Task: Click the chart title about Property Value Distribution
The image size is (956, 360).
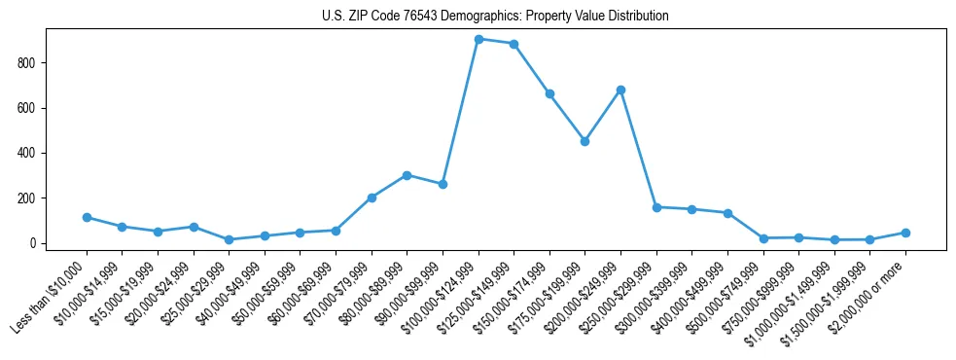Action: pos(495,17)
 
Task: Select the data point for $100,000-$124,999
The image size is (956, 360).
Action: pos(478,39)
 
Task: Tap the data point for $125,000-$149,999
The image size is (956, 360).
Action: pos(513,44)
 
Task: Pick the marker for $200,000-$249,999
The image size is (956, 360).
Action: pos(620,90)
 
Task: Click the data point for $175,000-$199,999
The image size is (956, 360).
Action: pos(584,141)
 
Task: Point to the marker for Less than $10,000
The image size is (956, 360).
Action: pos(87,217)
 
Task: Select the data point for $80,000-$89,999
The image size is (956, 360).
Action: pos(407,175)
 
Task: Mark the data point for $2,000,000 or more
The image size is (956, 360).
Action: pos(905,233)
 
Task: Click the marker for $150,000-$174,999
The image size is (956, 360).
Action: pos(549,93)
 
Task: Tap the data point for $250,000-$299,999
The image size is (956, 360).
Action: pos(656,207)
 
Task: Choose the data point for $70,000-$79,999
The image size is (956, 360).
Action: pos(372,198)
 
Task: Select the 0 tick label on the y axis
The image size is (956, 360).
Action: pos(32,243)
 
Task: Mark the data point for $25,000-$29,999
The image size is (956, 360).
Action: pos(229,239)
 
